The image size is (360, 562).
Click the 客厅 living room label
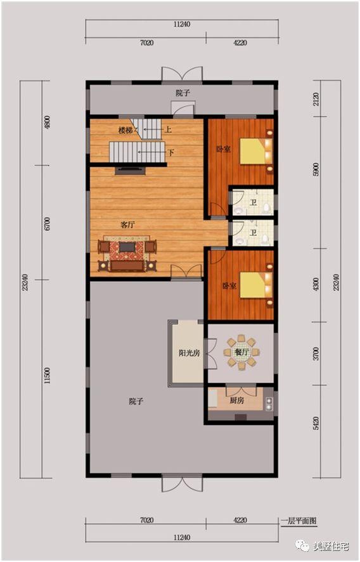(x=127, y=225)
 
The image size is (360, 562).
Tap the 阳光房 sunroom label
(x=189, y=353)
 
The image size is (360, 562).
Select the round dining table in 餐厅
(x=241, y=352)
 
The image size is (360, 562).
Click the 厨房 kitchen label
(x=237, y=400)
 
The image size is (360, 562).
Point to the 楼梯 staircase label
(x=125, y=131)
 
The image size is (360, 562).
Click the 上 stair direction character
(x=168, y=129)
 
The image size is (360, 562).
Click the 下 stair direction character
(x=171, y=152)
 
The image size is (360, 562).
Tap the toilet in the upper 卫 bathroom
(x=266, y=207)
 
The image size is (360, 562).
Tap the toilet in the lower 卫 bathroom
(x=265, y=239)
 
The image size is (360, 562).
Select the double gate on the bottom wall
(x=182, y=484)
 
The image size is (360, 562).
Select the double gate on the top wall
(x=182, y=74)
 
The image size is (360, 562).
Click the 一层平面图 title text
(x=299, y=521)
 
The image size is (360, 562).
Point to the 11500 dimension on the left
(x=48, y=376)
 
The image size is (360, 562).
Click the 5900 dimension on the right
(x=316, y=169)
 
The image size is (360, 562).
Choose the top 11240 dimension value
(x=182, y=24)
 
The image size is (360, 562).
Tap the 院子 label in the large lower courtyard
(x=136, y=402)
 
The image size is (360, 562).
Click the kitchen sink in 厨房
(x=269, y=403)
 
